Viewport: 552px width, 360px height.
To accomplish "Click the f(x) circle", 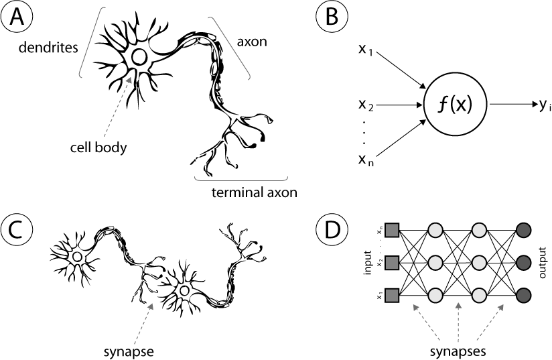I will pyautogui.click(x=456, y=104).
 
